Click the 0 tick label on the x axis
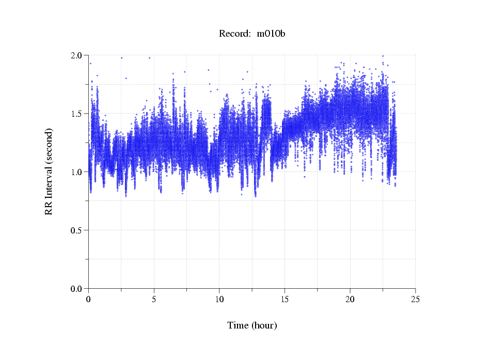(x=89, y=299)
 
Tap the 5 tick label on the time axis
(x=154, y=299)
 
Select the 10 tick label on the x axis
(x=219, y=299)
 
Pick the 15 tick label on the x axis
(x=284, y=299)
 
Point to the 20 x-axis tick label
(x=350, y=299)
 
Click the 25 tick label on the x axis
(x=415, y=299)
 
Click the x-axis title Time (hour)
(x=252, y=325)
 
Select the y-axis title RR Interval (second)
(x=49, y=171)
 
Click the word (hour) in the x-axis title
(x=264, y=325)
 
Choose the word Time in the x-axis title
(x=238, y=325)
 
